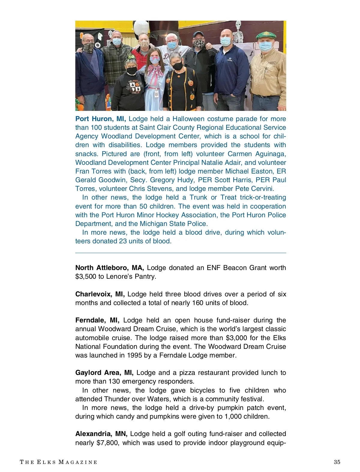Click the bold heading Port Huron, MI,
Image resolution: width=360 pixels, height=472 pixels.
(x=100, y=119)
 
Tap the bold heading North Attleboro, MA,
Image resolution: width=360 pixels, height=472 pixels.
(x=109, y=268)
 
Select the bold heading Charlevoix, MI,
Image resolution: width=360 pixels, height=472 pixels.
(x=100, y=294)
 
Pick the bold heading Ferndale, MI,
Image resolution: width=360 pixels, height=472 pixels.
(x=97, y=320)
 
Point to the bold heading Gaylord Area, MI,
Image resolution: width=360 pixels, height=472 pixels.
(x=104, y=373)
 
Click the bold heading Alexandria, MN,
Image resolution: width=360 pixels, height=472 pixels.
(x=101, y=434)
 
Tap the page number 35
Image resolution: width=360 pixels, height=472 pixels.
(x=337, y=462)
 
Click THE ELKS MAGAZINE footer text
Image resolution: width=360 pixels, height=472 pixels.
(x=58, y=462)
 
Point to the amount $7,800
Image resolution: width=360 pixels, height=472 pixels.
(x=107, y=443)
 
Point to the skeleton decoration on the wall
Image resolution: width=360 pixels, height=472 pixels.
(x=238, y=33)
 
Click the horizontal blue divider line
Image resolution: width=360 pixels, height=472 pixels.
(x=181, y=253)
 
